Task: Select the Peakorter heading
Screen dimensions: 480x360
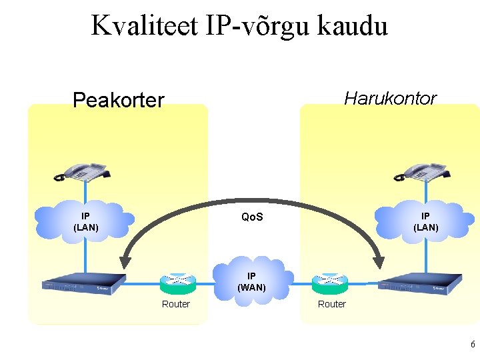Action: coord(118,101)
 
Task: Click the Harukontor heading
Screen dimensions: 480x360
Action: coord(390,99)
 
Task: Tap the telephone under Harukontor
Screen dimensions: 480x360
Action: coord(421,172)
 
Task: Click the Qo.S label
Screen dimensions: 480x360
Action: coord(252,217)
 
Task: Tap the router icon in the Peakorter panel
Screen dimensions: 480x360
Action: coord(177,283)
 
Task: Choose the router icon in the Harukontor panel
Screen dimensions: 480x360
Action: coord(330,283)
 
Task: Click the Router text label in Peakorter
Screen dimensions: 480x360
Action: coord(176,304)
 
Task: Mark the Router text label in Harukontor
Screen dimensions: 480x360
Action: coord(331,304)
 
